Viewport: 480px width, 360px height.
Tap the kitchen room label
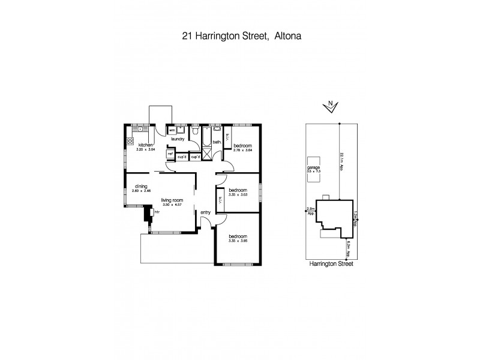pos(146,145)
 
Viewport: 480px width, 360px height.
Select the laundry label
pos(178,139)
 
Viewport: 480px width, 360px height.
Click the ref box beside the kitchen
pos(170,154)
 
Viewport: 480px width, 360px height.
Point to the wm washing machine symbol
pos(172,130)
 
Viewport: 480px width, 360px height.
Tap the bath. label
pos(217,142)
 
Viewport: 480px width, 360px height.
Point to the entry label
pos(206,212)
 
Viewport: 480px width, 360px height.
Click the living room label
pos(171,201)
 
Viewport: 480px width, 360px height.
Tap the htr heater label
pos(157,212)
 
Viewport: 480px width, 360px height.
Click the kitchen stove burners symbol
pos(128,142)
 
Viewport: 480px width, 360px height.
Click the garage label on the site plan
pos(313,167)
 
